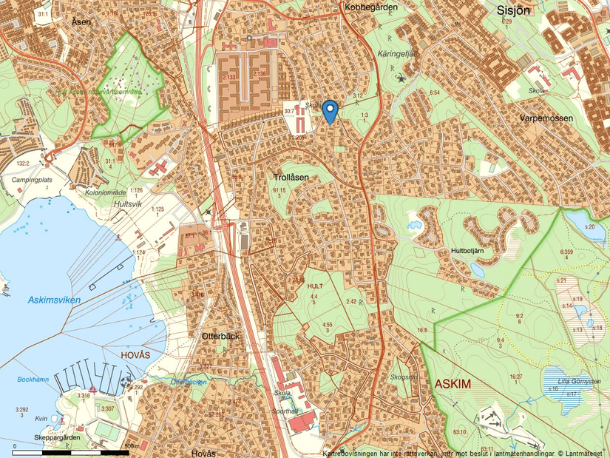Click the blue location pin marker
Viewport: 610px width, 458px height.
pyautogui.click(x=331, y=110)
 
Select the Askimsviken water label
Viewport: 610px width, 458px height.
pyautogui.click(x=53, y=300)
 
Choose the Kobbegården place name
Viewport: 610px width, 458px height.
pyautogui.click(x=370, y=7)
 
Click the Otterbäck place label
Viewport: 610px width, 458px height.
pyautogui.click(x=220, y=336)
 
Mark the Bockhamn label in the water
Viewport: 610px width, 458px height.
pyautogui.click(x=34, y=380)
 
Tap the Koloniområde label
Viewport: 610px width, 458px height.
pyautogui.click(x=106, y=192)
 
